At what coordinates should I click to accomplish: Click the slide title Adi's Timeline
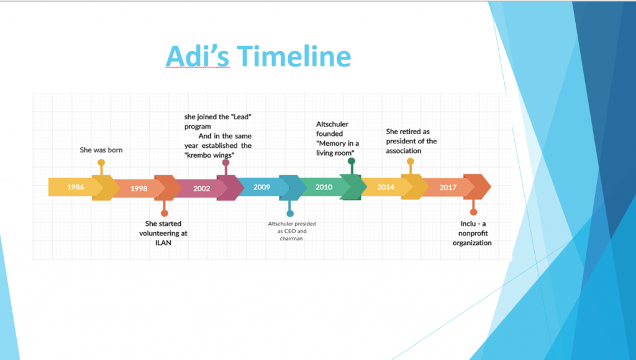pyautogui.click(x=258, y=57)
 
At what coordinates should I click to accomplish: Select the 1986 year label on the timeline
pyautogui.click(x=76, y=187)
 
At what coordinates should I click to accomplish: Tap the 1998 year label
pyautogui.click(x=139, y=188)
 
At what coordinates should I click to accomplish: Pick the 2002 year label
pyautogui.click(x=201, y=188)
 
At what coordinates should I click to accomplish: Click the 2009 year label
pyautogui.click(x=261, y=187)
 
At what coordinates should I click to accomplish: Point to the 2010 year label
pyautogui.click(x=324, y=187)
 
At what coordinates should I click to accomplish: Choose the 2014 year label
pyautogui.click(x=386, y=187)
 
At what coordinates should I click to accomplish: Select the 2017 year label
pyautogui.click(x=448, y=187)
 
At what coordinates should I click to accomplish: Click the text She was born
pyautogui.click(x=101, y=150)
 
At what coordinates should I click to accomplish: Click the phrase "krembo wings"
pyautogui.click(x=209, y=155)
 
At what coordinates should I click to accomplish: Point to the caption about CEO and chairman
pyautogui.click(x=291, y=230)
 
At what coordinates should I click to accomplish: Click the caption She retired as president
pyautogui.click(x=411, y=141)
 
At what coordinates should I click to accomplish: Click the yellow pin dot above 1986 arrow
pyautogui.click(x=101, y=163)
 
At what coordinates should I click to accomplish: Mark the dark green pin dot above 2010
pyautogui.click(x=351, y=161)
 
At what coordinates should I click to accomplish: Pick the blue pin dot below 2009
pyautogui.click(x=289, y=214)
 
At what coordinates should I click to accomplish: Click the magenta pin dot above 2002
pyautogui.click(x=225, y=163)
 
